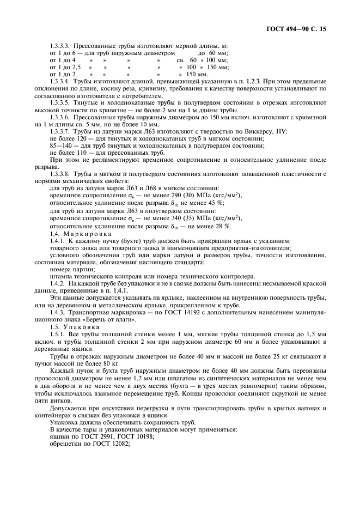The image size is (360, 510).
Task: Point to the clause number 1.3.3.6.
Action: pyautogui.click(x=60, y=117)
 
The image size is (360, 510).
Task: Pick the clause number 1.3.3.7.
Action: pyautogui.click(x=60, y=131)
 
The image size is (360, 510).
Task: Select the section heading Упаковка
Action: pyautogui.click(x=77, y=326)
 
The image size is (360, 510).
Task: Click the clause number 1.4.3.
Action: pyautogui.click(x=57, y=312)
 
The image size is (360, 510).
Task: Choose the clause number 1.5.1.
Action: pyautogui.click(x=57, y=333)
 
